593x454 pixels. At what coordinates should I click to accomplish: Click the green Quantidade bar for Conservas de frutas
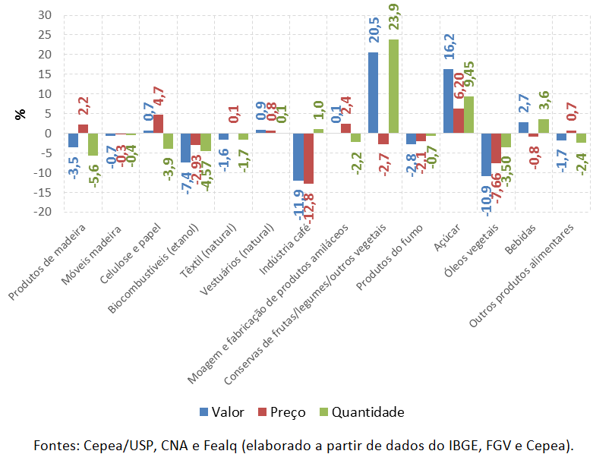pyautogui.click(x=393, y=87)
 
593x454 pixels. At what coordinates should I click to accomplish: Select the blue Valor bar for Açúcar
pyautogui.click(x=448, y=101)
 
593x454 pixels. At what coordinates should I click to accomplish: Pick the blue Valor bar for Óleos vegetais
pyautogui.click(x=486, y=155)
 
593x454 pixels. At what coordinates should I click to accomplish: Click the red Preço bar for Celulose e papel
pyautogui.click(x=158, y=124)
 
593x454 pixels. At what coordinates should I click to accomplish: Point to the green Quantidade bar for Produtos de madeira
pyautogui.click(x=93, y=144)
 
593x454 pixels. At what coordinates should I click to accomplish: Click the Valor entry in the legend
pyautogui.click(x=222, y=412)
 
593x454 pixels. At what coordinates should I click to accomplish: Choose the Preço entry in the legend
pyautogui.click(x=280, y=412)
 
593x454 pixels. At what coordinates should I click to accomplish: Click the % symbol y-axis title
pyautogui.click(x=20, y=114)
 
